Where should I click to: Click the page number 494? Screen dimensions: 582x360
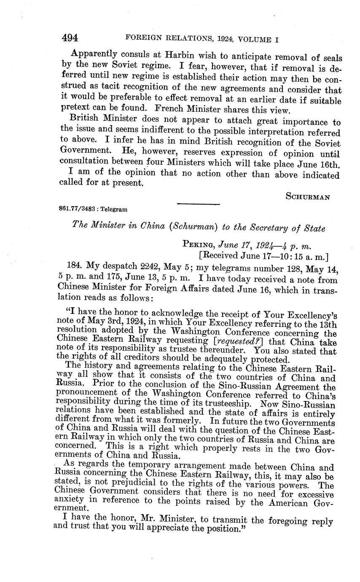pos(70,38)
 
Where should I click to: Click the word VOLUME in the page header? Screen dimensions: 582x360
pos(255,40)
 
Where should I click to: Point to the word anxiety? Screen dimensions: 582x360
pos(69,502)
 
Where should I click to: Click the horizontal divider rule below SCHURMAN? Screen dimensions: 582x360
pos(199,205)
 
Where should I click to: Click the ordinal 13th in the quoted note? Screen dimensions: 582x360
pos(327,324)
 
